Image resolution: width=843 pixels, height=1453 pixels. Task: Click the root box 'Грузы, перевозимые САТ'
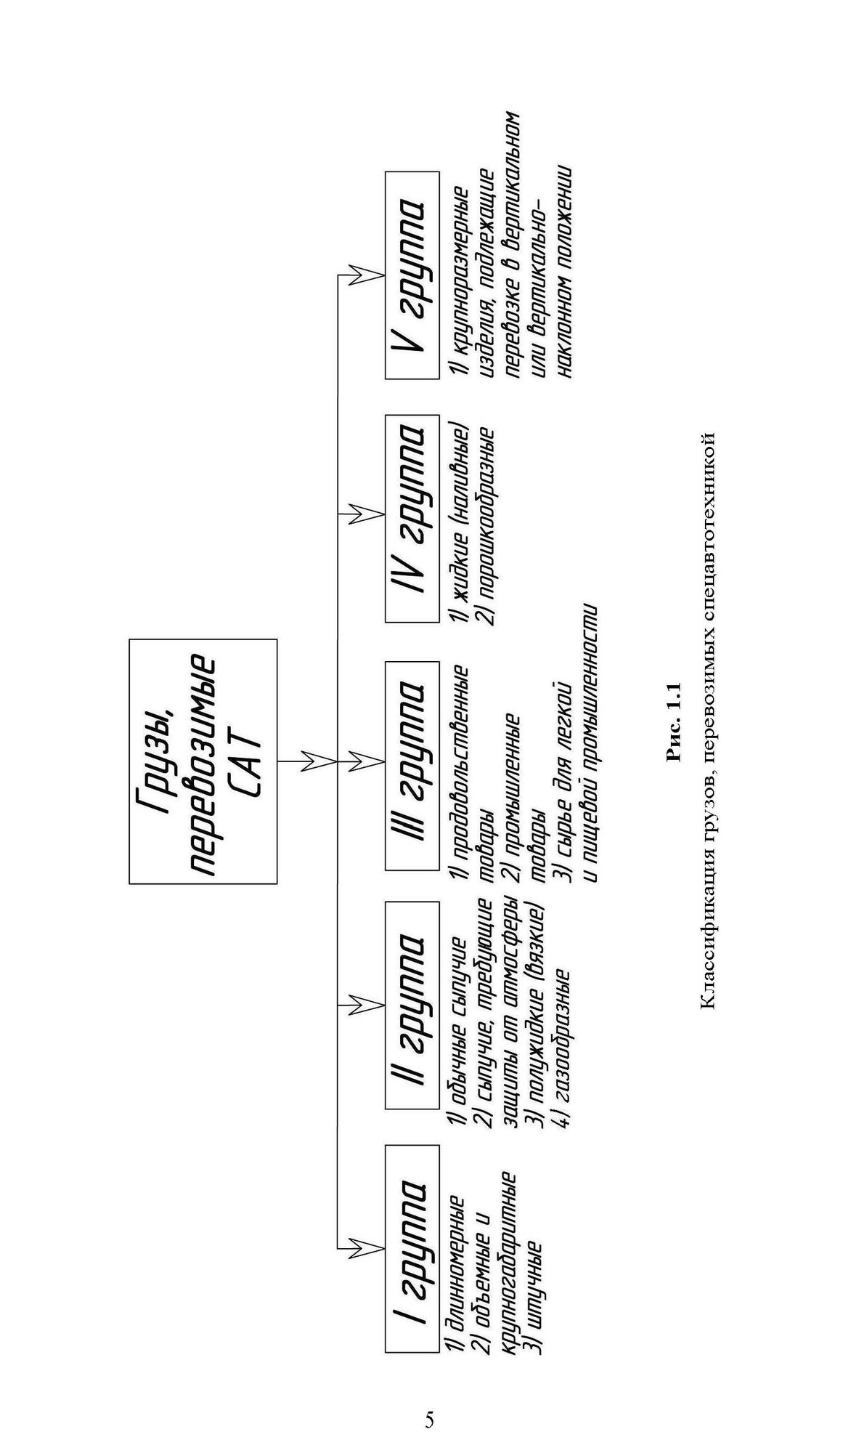click(203, 761)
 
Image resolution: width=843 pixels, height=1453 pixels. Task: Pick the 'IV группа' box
click(412, 518)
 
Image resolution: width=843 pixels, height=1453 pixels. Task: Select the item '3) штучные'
click(534, 1298)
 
